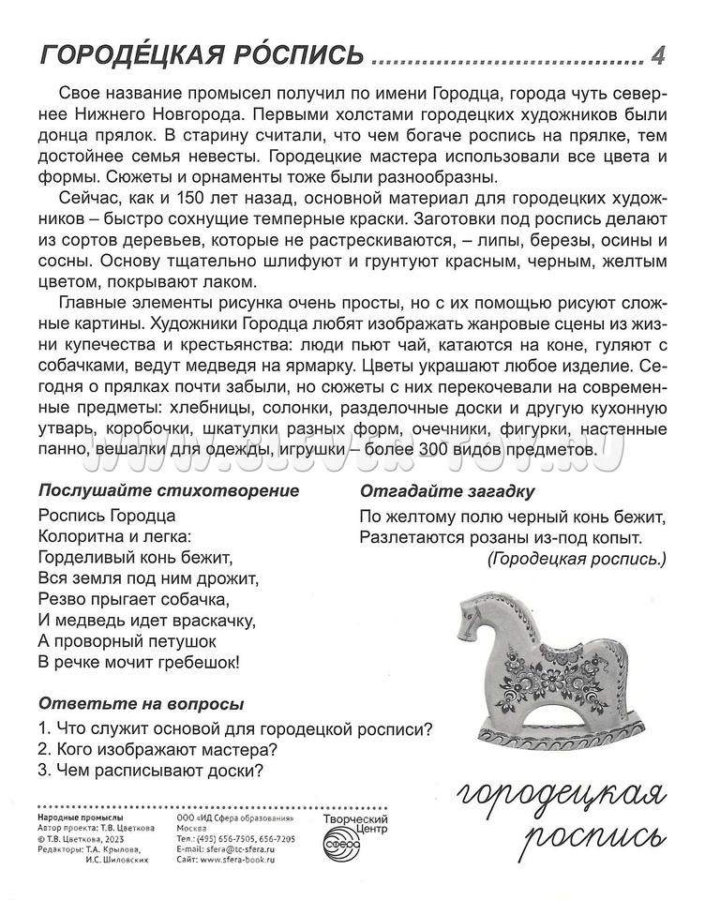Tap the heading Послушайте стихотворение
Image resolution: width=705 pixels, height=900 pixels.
(169, 490)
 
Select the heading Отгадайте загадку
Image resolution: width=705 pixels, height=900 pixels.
(447, 490)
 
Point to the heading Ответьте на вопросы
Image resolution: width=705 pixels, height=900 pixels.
(141, 703)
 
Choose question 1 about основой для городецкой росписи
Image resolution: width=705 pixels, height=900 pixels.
(235, 727)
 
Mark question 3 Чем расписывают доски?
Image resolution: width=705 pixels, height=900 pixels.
(150, 771)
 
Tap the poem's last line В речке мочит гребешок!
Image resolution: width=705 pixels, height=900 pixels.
(139, 663)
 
